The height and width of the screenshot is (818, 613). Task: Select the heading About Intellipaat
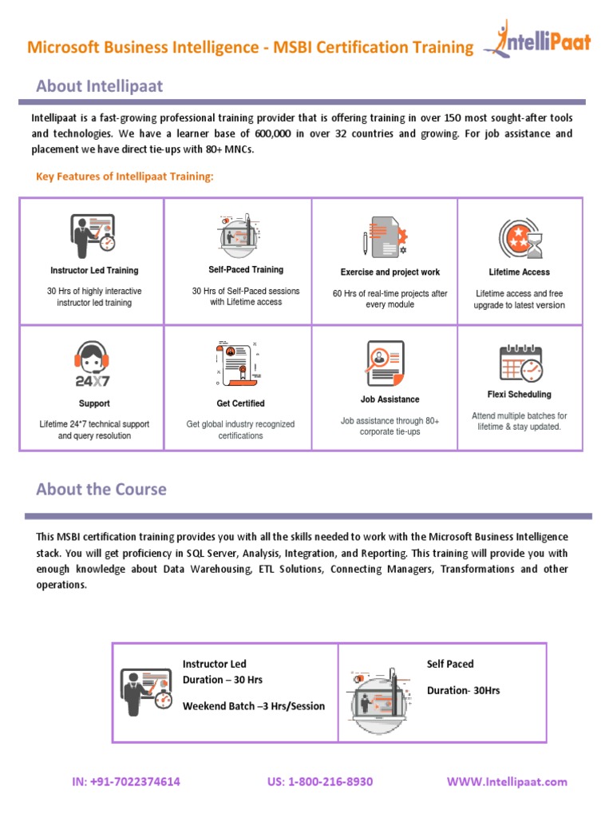pos(99,85)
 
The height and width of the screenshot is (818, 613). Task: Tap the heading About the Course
pos(101,489)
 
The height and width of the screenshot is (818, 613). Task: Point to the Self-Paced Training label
pos(246,270)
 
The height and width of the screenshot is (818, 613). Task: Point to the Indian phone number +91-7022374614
pos(125,781)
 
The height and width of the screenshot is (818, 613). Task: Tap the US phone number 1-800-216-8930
pos(320,781)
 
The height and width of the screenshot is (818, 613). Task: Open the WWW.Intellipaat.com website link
pos(507,781)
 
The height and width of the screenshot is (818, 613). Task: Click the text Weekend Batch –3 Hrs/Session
pos(254,706)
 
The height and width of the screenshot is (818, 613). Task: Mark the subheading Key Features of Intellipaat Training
pos(125,176)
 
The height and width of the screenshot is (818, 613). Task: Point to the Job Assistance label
pos(390,399)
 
